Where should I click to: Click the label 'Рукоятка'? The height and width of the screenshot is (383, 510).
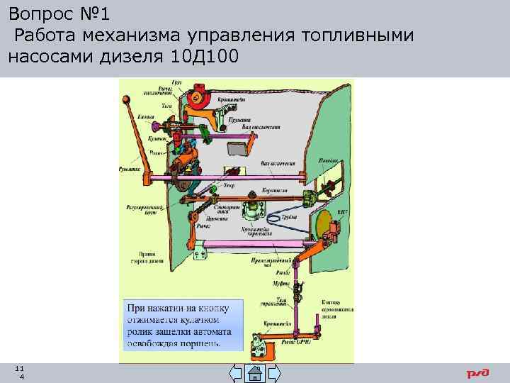(130, 168)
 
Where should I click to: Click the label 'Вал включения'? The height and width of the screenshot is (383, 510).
(278, 163)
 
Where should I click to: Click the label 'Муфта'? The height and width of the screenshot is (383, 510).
(281, 282)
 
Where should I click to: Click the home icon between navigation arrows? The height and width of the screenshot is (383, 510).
(254, 374)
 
